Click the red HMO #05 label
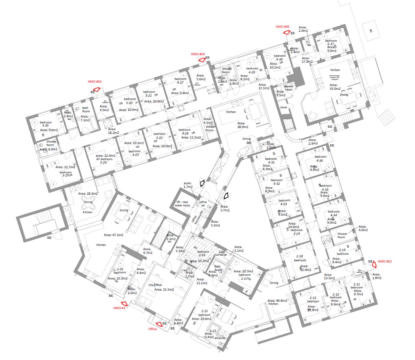pyautogui.click(x=283, y=27)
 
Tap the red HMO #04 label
pyautogui.click(x=198, y=54)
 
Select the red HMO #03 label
pyautogui.click(x=95, y=81)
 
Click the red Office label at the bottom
pyautogui.click(x=153, y=329)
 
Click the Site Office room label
pyautogui.click(x=155, y=285)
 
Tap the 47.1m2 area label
pyautogui.click(x=113, y=235)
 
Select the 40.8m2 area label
pyautogui.click(x=277, y=300)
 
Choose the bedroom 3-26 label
pyautogui.click(x=46, y=124)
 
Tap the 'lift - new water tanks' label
pyautogui.click(x=183, y=203)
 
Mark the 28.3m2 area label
pyautogui.click(x=88, y=193)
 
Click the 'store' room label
pyautogui.click(x=283, y=107)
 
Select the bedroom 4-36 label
pyautogui.click(x=320, y=159)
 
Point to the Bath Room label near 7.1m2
pyautogui.click(x=86, y=110)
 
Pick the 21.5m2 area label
pyautogui.click(x=164, y=290)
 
